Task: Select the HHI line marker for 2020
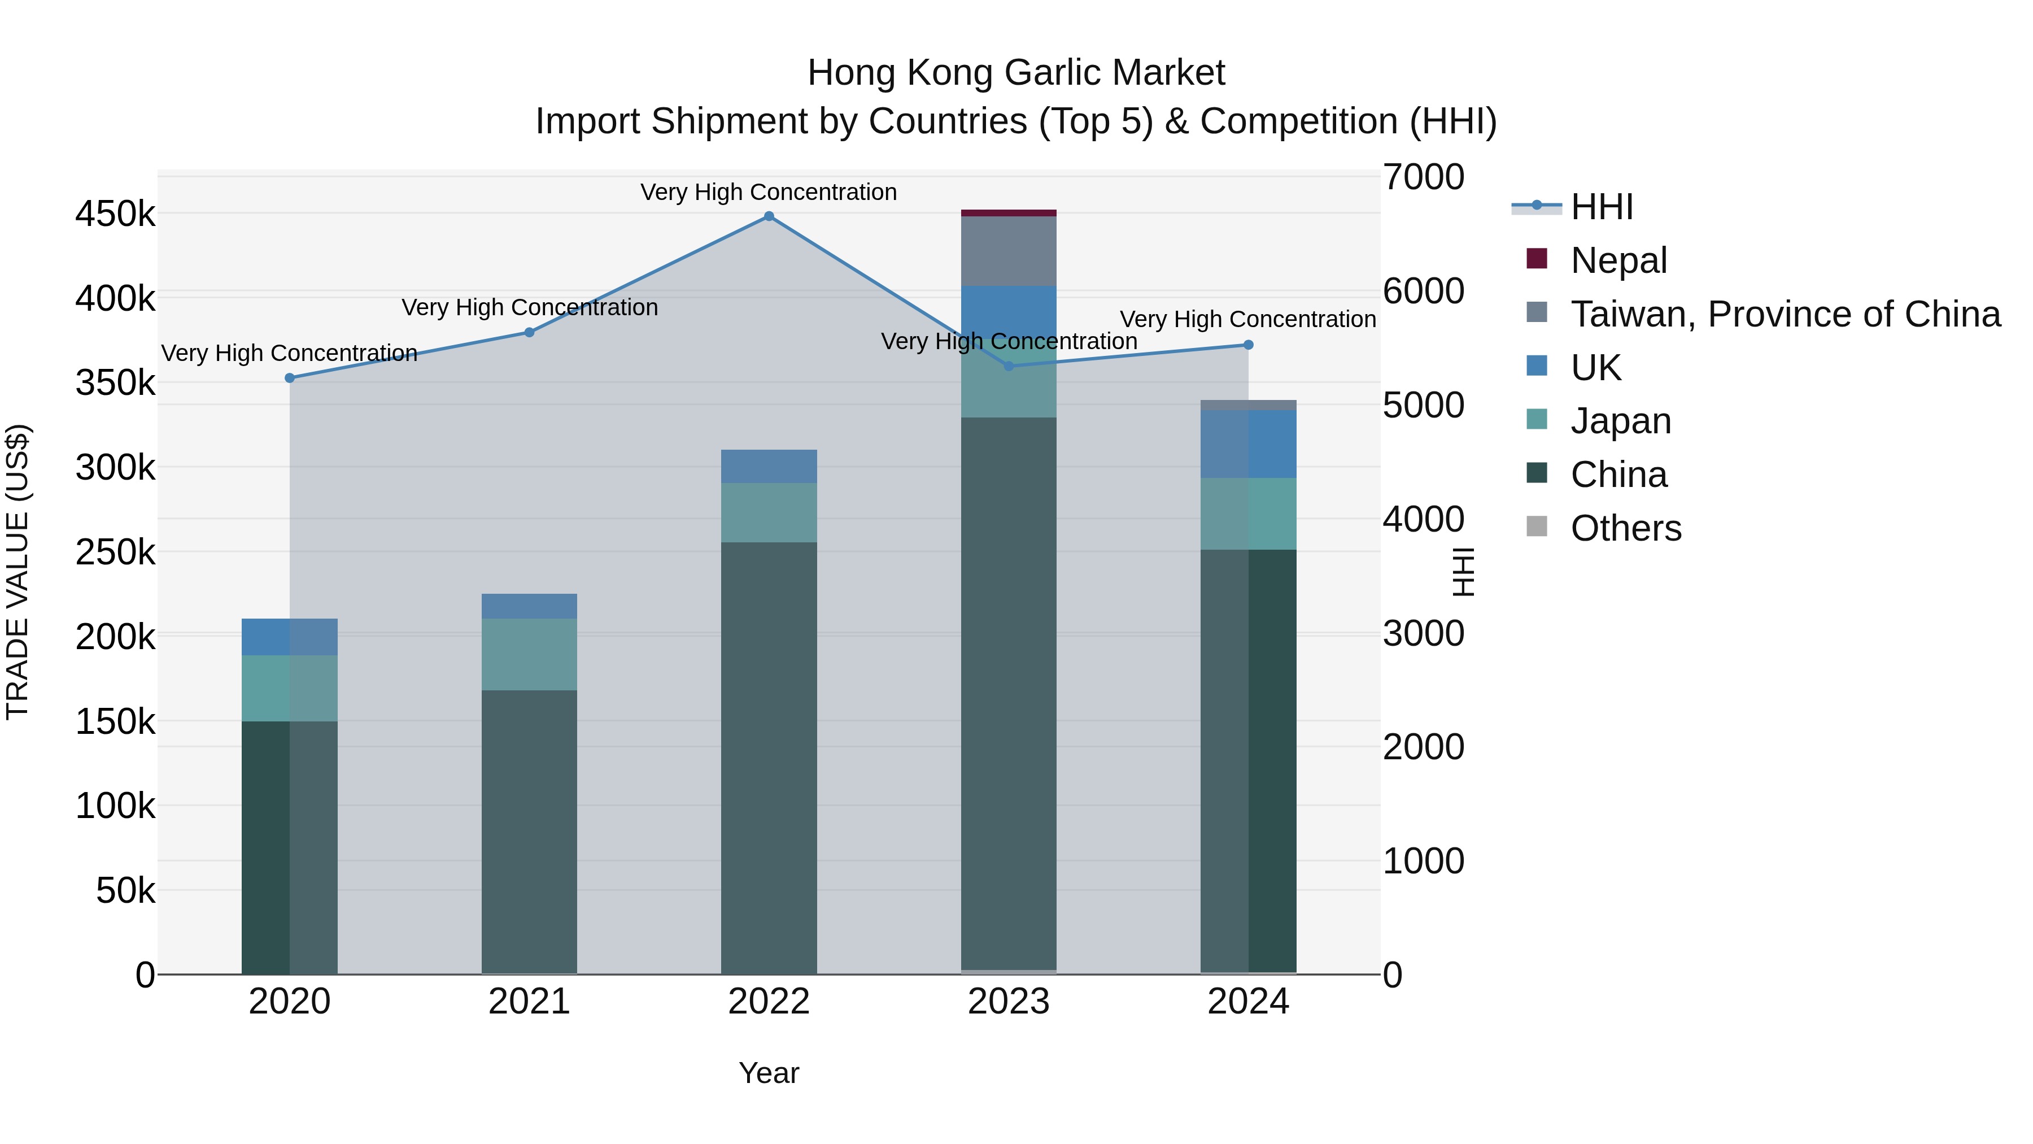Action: [290, 378]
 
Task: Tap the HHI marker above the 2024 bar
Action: [1249, 345]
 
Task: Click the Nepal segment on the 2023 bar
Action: [1009, 213]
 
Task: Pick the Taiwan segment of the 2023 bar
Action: [1009, 251]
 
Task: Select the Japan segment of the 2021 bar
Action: [530, 655]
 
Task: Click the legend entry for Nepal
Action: [1618, 260]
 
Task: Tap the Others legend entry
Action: [1626, 528]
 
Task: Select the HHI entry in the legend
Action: [1602, 207]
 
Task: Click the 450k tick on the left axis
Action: [115, 214]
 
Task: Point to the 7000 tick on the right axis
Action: [1423, 177]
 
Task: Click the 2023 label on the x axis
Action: [1009, 1002]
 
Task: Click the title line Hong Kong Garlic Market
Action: [1016, 73]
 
